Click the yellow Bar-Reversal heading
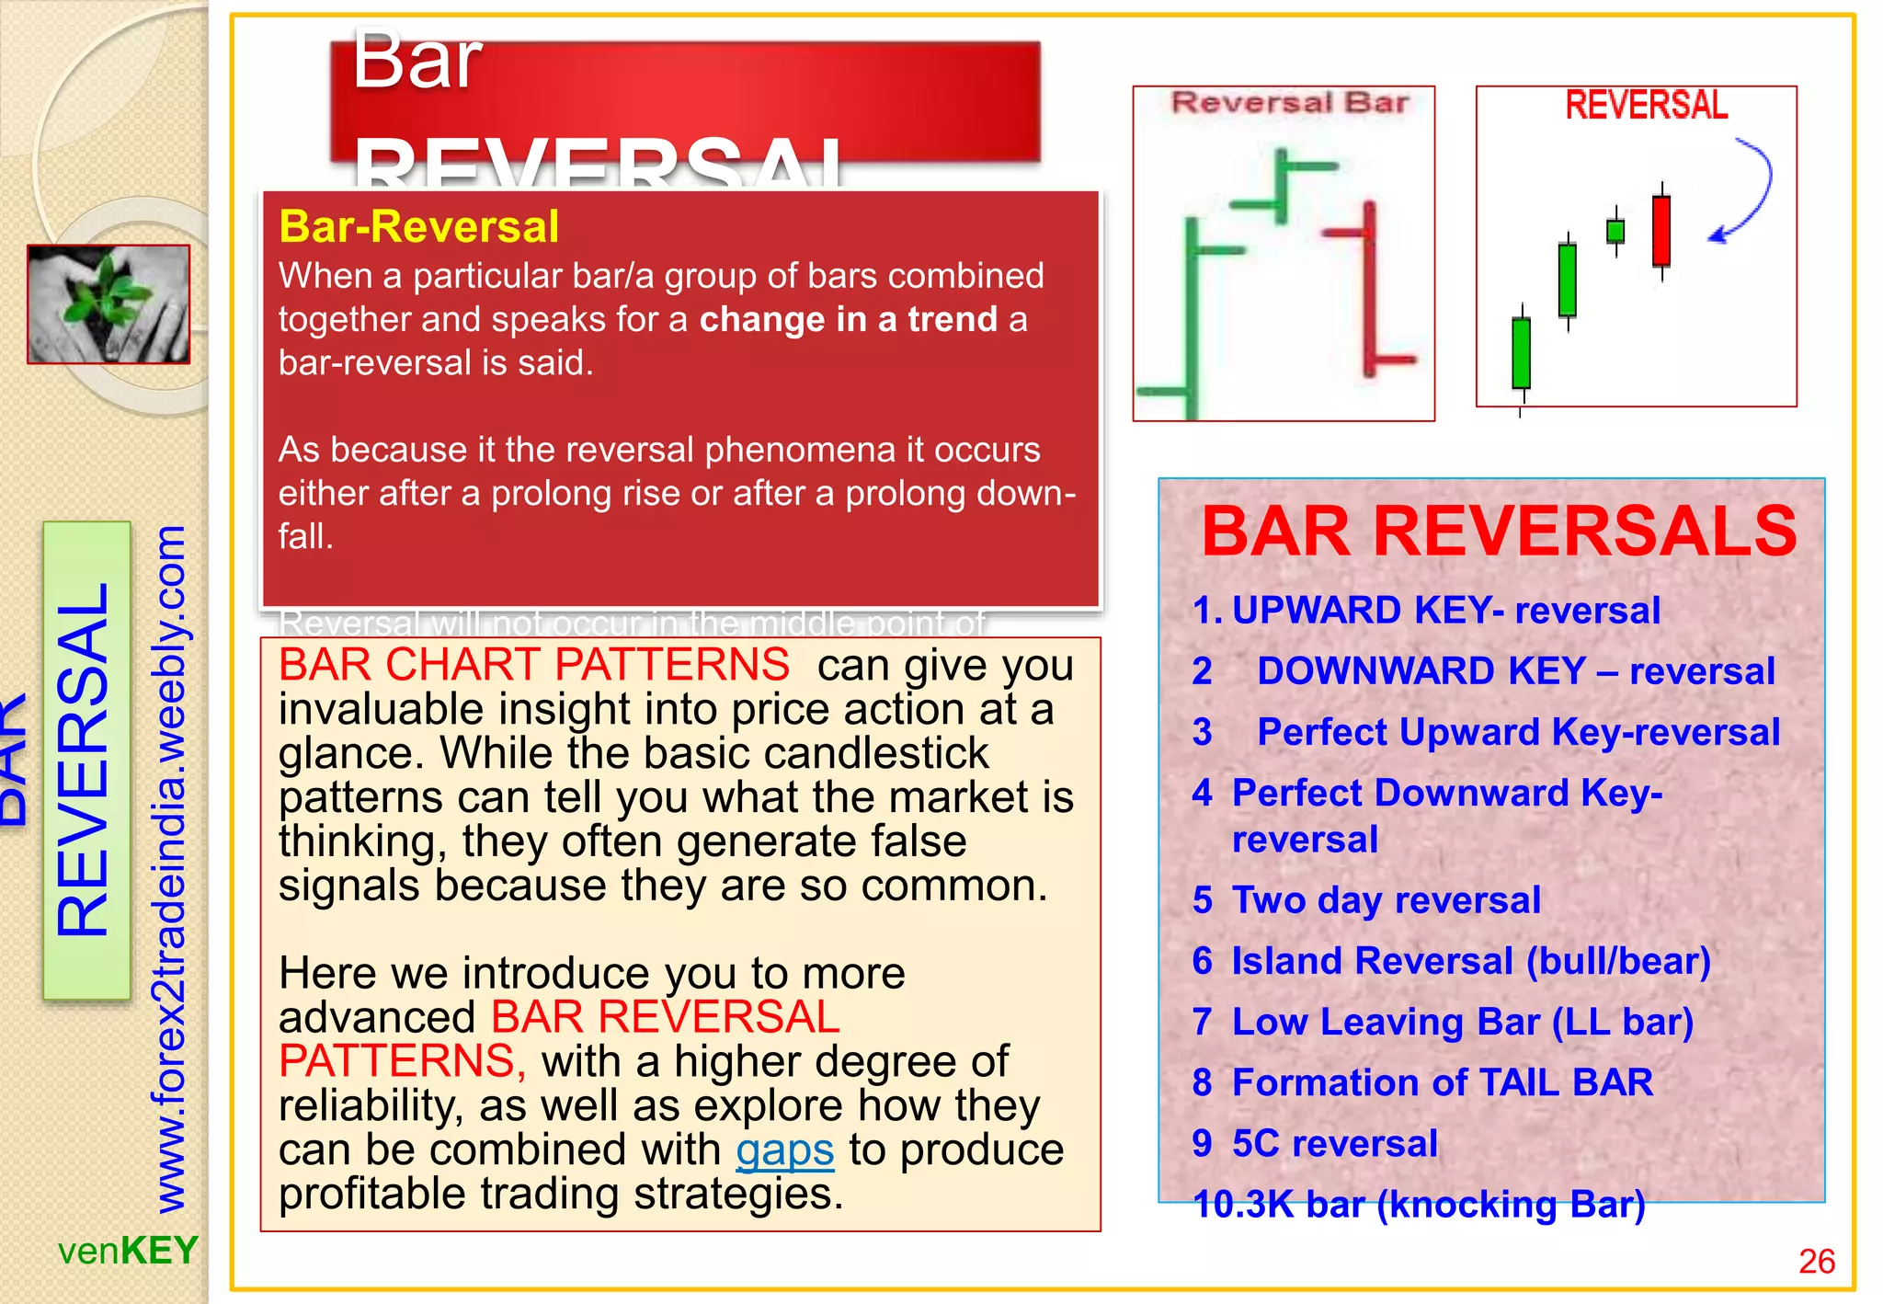(x=418, y=227)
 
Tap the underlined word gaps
(x=784, y=1150)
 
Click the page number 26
(x=1816, y=1261)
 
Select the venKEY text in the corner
(x=128, y=1251)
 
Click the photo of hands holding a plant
(x=108, y=304)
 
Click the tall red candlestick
(x=1660, y=231)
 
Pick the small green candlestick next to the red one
(x=1615, y=231)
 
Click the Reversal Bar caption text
(x=1289, y=103)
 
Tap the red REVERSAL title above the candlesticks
(x=1646, y=106)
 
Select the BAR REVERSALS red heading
(x=1498, y=532)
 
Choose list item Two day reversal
(x=1386, y=900)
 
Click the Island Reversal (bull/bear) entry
(x=1470, y=961)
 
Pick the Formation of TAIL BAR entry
(x=1442, y=1082)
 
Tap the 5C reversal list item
(x=1334, y=1143)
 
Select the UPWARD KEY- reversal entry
(x=1444, y=611)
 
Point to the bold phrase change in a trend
(x=848, y=319)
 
